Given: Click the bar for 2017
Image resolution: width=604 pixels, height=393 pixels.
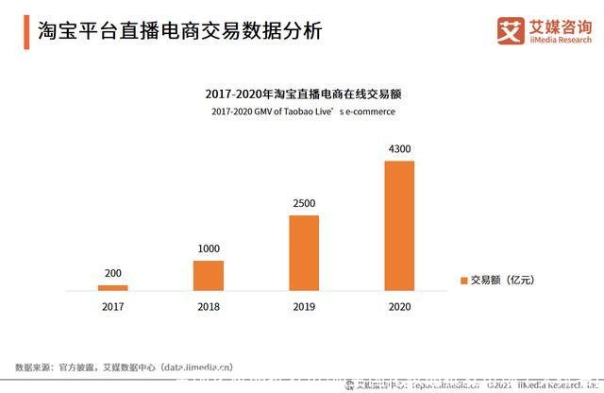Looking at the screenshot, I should click(x=113, y=287).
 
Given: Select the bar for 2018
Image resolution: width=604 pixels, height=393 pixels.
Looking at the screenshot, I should click(x=209, y=275).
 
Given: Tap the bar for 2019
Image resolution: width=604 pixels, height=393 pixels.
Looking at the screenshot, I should click(x=304, y=252).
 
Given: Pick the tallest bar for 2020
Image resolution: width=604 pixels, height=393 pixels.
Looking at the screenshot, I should click(x=399, y=225).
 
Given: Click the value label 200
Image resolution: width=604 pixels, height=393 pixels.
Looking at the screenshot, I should click(x=113, y=273).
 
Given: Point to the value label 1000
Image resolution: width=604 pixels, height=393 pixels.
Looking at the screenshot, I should click(x=209, y=248).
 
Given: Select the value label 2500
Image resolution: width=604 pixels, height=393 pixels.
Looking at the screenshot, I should click(x=304, y=203).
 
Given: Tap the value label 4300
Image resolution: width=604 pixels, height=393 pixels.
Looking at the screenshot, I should click(x=399, y=149).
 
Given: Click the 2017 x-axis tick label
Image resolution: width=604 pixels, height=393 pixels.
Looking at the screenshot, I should click(x=113, y=307).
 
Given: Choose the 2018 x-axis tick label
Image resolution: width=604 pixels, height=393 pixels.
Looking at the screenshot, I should click(x=209, y=307).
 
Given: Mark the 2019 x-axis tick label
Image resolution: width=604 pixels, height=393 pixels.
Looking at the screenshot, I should click(x=304, y=307).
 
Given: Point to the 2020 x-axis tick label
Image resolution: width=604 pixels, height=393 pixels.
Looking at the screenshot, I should click(x=399, y=307).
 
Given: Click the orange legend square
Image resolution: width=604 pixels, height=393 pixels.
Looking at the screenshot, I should click(x=463, y=281).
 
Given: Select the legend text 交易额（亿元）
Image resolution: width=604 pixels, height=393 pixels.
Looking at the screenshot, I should click(x=503, y=281).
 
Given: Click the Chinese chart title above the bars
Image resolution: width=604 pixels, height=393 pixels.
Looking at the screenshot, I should click(x=303, y=94).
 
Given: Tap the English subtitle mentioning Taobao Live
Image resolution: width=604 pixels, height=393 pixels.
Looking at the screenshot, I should click(x=303, y=111).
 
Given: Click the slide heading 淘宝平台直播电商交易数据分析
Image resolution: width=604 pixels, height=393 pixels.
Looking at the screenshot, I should click(x=179, y=30).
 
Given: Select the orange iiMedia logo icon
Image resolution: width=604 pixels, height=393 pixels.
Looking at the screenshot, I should click(x=511, y=30).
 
